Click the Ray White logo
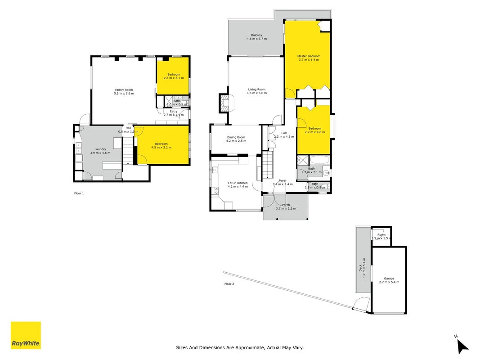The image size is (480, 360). (x=26, y=335)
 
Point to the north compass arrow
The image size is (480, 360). (x=463, y=346)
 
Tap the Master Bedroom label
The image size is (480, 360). (x=309, y=56)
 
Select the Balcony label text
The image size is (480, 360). (x=256, y=35)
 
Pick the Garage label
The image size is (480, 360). (x=389, y=279)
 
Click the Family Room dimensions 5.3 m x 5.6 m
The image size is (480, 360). (x=124, y=93)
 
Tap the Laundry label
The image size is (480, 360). (x=100, y=149)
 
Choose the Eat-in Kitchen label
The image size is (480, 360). (x=238, y=183)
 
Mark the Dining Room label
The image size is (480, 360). (x=236, y=137)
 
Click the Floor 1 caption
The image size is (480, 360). (x=79, y=193)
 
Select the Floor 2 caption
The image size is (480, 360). (x=229, y=284)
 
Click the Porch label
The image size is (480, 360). (x=286, y=205)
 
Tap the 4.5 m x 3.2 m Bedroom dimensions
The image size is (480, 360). (x=161, y=147)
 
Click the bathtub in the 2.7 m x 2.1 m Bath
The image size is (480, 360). (x=319, y=160)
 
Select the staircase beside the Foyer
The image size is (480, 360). (x=267, y=165)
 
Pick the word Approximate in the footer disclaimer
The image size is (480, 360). (x=252, y=347)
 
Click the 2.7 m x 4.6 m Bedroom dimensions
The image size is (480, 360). (x=315, y=132)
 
